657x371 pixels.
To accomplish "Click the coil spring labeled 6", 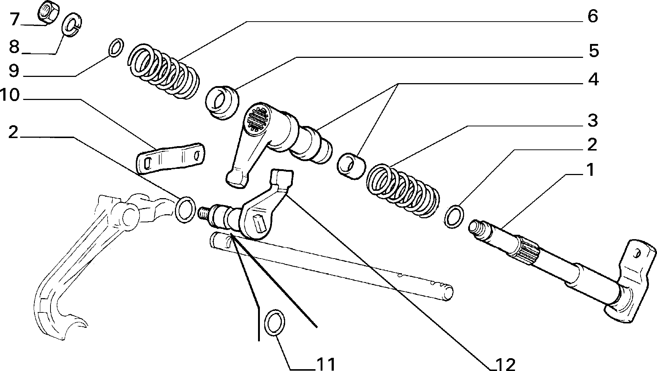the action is point(164,71).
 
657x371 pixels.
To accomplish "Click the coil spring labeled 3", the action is point(402,192).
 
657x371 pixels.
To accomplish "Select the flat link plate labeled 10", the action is point(170,158).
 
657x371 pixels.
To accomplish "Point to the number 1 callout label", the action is point(589,170).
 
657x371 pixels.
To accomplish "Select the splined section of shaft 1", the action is point(528,250).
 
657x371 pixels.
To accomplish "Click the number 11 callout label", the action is point(325,364).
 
